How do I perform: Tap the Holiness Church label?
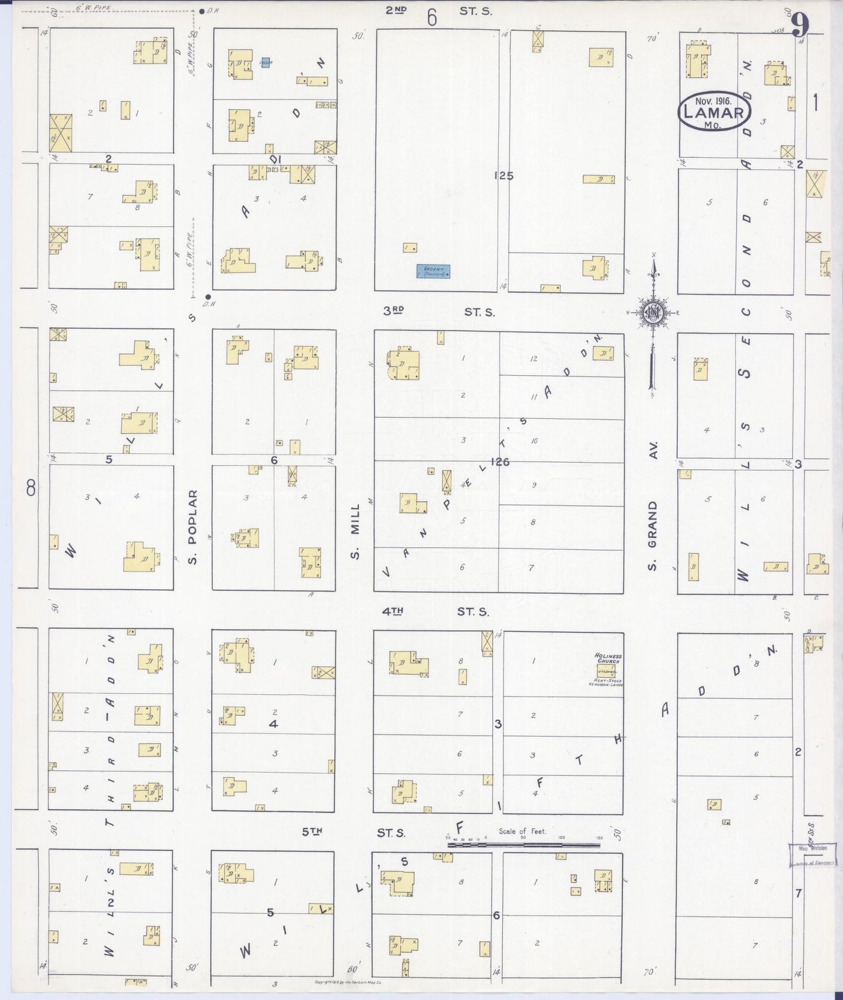click(608, 658)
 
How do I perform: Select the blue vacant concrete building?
click(433, 271)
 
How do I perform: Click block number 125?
click(503, 175)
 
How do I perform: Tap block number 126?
click(500, 462)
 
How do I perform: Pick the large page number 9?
click(800, 25)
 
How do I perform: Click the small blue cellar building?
click(265, 62)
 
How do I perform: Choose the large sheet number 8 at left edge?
click(31, 488)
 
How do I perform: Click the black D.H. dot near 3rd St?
click(208, 296)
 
